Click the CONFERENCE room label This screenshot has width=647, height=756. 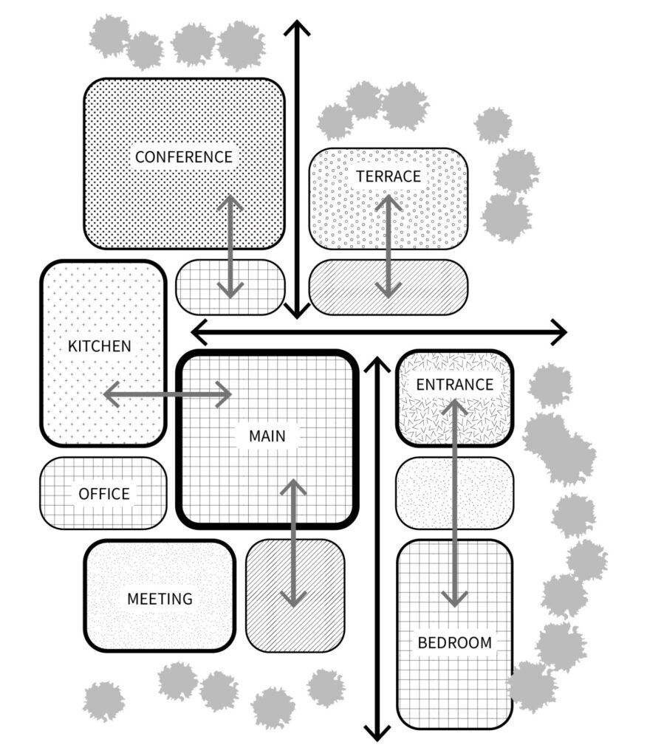(183, 157)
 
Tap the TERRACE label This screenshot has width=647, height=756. (388, 176)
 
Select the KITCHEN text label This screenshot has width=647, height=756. (99, 346)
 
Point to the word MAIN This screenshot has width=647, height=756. (267, 436)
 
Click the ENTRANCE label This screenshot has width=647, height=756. (454, 385)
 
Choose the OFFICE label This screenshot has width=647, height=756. (104, 494)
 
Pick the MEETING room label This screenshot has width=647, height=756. (160, 599)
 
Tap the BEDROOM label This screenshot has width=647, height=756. (454, 642)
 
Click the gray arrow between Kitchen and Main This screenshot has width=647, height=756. (168, 395)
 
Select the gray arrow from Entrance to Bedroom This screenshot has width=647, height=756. (453, 502)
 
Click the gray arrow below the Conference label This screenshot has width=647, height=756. (230, 247)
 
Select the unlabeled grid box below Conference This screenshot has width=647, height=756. (196, 287)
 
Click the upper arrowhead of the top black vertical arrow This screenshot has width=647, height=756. (297, 30)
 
